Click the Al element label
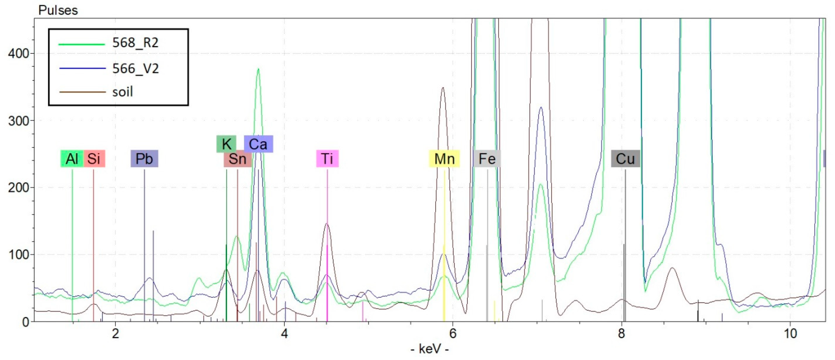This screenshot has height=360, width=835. (72, 159)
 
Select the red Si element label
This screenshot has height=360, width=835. (94, 159)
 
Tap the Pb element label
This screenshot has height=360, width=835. (144, 159)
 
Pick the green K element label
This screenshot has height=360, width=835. (226, 144)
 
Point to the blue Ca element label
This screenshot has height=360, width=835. (258, 144)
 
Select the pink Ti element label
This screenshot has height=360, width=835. (327, 159)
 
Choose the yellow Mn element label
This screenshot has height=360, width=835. (445, 159)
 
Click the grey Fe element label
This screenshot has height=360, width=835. (487, 159)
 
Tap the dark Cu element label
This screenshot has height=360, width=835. (625, 159)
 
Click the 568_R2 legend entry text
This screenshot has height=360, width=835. (136, 43)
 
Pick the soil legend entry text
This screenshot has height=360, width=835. (123, 92)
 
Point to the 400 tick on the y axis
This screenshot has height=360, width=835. (18, 53)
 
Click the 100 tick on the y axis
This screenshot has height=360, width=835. (18, 255)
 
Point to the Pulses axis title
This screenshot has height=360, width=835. (58, 10)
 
